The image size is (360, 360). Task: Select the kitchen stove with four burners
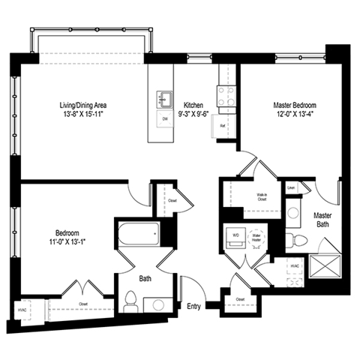point(226,95)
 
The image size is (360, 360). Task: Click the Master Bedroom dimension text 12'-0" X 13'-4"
point(294,115)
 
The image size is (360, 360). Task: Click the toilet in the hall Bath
point(130,301)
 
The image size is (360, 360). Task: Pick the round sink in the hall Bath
point(157,305)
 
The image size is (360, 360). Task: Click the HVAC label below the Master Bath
point(295,265)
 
